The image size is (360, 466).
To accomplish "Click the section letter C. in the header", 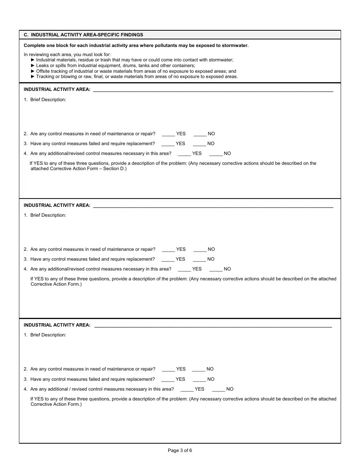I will pyautogui.click(x=26, y=35).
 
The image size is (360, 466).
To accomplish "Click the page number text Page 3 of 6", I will pyautogui.click(x=180, y=450).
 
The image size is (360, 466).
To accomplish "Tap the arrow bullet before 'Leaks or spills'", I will pyautogui.click(x=33, y=66).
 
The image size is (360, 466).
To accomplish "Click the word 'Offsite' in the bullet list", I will pyautogui.click(x=44, y=71).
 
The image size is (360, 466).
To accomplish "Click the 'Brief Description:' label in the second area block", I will pyautogui.click(x=48, y=215).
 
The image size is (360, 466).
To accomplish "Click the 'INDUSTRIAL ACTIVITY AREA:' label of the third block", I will pyautogui.click(x=57, y=325).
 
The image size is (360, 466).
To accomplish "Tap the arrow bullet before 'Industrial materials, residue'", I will pyautogui.click(x=33, y=60).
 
